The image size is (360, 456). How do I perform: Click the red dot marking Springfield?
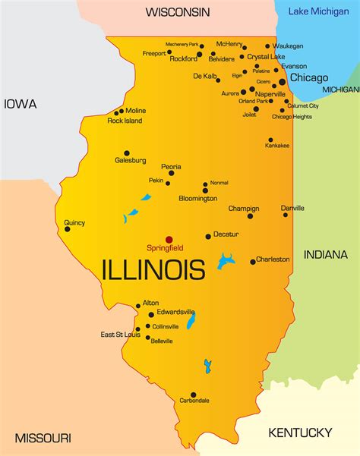point(169,240)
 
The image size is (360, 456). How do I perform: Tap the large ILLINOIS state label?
point(153,269)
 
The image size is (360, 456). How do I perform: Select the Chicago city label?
point(309,77)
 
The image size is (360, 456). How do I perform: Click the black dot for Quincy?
point(67,229)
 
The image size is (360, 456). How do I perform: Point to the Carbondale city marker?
point(193,395)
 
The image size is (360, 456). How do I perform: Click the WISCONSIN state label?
point(178,13)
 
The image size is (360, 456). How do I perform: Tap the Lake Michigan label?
point(318,11)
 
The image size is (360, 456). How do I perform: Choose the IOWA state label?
point(21,105)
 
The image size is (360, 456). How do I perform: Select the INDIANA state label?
point(325,254)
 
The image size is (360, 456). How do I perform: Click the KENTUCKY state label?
point(300,432)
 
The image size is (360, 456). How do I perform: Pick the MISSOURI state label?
point(43,438)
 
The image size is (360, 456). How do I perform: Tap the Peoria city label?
point(171,166)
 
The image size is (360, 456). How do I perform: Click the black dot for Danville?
point(286,215)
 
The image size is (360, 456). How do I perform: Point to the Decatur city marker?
point(207,236)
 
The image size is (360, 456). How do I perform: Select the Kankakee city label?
point(276,146)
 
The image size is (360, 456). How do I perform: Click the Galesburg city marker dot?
point(126,153)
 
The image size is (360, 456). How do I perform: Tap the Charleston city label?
point(273,259)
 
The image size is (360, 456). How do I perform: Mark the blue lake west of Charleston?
point(226,262)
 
